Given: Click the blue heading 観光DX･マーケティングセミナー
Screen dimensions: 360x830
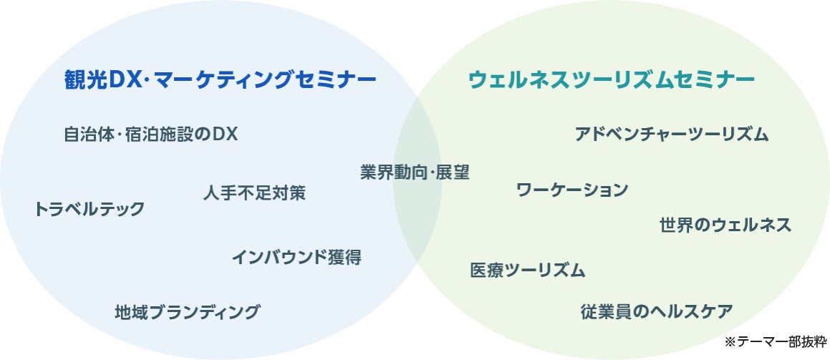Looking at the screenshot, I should [221, 79].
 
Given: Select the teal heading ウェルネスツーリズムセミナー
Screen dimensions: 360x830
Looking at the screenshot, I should [612, 79].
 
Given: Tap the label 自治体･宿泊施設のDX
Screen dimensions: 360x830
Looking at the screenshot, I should [150, 135].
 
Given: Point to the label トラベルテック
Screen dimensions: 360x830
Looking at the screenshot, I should [90, 209].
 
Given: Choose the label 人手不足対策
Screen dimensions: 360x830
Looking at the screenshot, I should [254, 193].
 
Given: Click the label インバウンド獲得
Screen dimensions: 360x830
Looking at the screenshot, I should [296, 258].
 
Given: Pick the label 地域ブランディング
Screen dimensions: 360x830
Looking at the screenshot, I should [188, 312].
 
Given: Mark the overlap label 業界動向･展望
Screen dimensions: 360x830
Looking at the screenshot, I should [415, 172].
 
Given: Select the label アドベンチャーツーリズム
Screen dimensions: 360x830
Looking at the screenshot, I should [672, 135].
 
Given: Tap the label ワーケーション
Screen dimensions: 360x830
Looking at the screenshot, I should [572, 190].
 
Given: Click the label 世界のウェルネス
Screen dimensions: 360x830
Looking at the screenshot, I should [725, 225].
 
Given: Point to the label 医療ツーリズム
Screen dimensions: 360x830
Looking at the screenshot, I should [528, 271].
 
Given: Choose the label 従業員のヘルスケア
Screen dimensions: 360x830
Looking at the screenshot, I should [657, 312].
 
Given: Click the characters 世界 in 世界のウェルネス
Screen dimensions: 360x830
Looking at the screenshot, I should [676, 225].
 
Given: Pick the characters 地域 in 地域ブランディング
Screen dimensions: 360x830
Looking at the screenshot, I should [132, 312].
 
